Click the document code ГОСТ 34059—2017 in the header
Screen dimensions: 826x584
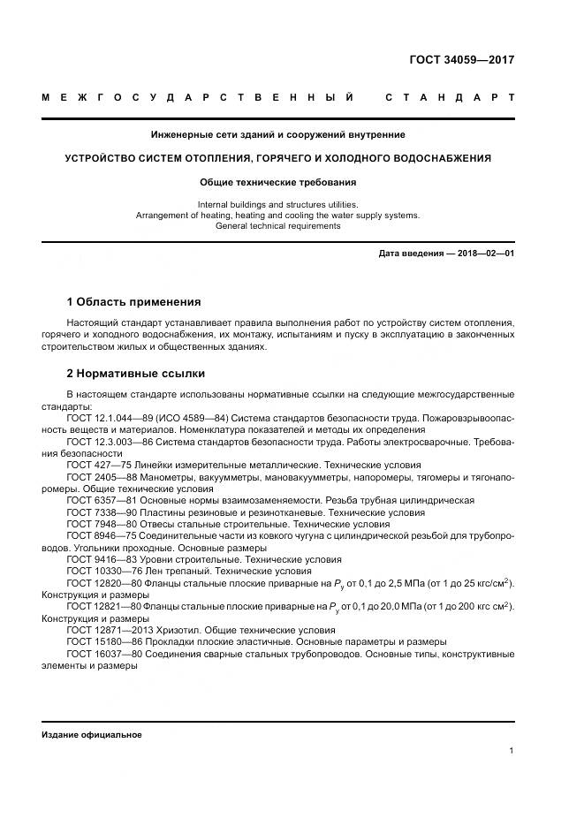462,60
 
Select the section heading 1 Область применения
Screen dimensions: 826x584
133,302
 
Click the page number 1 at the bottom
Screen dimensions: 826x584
512,750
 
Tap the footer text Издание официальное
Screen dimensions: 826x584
92,735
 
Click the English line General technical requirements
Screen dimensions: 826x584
277,226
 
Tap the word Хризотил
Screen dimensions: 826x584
178,630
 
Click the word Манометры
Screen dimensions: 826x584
171,477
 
